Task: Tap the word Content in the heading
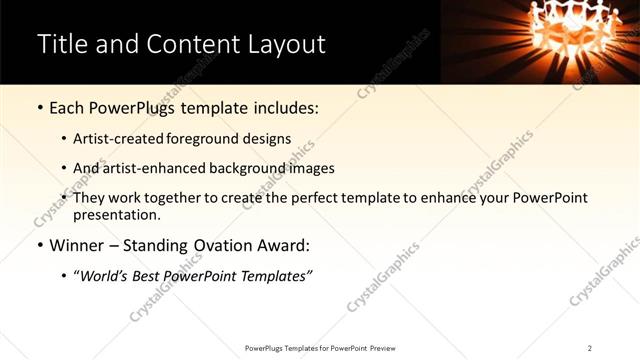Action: pyautogui.click(x=191, y=44)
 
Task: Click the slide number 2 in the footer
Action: pyautogui.click(x=590, y=348)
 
